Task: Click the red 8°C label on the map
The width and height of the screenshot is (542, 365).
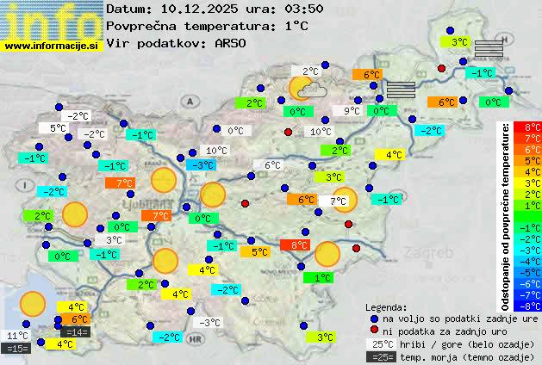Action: click(x=299, y=245)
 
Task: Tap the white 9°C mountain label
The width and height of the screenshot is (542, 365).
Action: click(x=352, y=111)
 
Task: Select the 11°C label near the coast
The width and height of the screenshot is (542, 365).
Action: click(x=17, y=336)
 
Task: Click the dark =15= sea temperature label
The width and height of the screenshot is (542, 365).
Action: click(x=16, y=349)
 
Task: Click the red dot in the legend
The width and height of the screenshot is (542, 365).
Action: click(x=375, y=331)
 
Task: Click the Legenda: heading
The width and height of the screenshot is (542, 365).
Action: click(x=387, y=306)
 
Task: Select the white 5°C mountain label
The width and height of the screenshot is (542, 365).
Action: click(x=58, y=128)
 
